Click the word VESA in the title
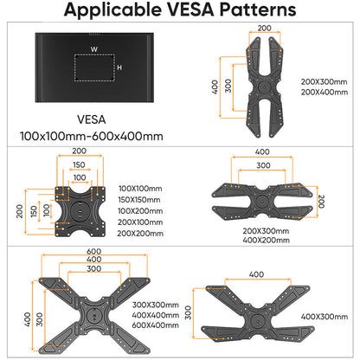190,10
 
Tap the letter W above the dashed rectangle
94,49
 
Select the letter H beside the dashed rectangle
119,67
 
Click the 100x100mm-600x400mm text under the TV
92,136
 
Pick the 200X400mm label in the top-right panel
325,93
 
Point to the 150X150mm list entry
139,200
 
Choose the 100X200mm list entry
140,211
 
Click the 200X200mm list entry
140,234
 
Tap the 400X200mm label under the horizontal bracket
266,240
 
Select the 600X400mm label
155,325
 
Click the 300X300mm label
156,305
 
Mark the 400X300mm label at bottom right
325,317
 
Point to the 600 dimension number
94,252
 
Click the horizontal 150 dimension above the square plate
79,164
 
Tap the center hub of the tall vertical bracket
264,87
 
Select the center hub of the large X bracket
94,314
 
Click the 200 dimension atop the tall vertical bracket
264,29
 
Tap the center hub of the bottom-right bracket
256,320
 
